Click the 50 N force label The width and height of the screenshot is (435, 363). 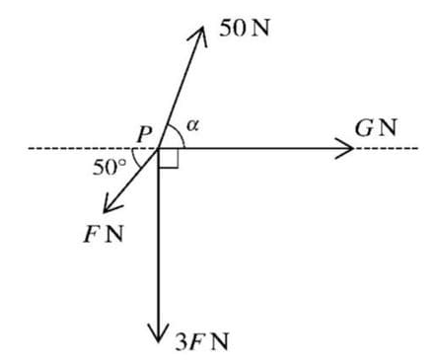(246, 27)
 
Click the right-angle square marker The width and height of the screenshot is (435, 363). (168, 159)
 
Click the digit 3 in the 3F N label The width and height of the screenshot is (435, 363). (180, 342)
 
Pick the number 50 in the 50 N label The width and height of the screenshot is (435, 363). (232, 27)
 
